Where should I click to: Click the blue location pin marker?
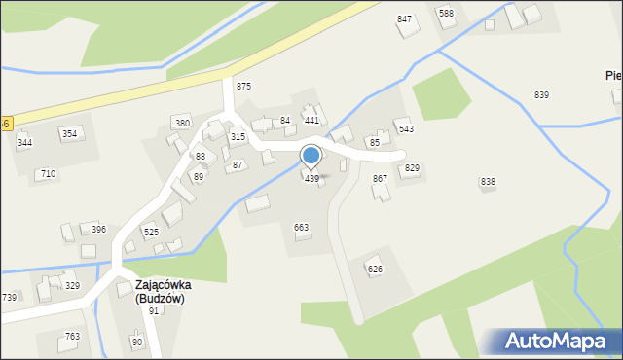click(x=311, y=156)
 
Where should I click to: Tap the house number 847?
click(x=404, y=19)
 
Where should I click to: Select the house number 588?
click(x=446, y=13)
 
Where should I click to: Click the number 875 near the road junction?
click(x=243, y=87)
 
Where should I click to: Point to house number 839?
click(x=541, y=94)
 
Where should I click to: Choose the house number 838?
click(x=488, y=182)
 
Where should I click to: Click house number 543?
click(x=406, y=128)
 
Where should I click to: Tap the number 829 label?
click(x=412, y=168)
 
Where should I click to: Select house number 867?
click(x=380, y=179)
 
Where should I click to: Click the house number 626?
click(x=375, y=269)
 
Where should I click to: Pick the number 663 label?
click(x=302, y=227)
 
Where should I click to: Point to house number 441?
click(x=311, y=120)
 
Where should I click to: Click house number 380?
click(x=182, y=124)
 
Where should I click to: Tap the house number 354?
click(x=69, y=133)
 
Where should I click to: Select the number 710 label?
click(x=48, y=174)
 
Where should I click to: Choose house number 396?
click(x=98, y=230)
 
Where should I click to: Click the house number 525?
click(x=151, y=233)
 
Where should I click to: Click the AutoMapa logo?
click(x=558, y=341)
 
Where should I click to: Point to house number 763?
click(x=72, y=337)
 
